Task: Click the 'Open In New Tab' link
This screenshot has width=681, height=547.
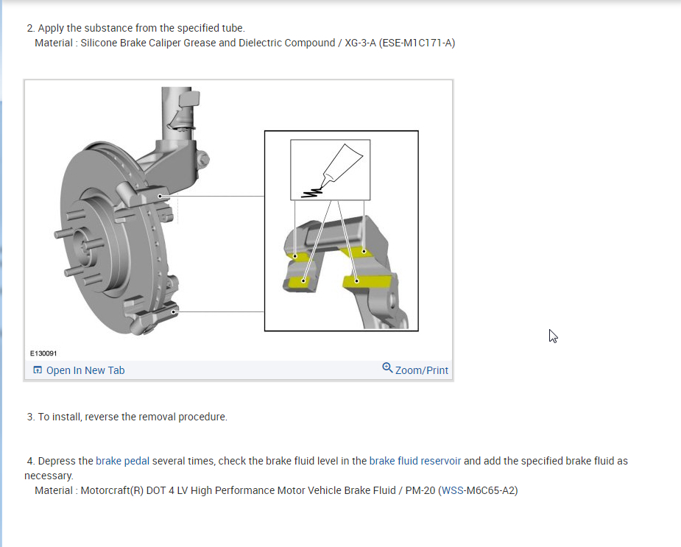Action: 85,370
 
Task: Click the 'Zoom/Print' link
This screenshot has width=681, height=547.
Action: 421,370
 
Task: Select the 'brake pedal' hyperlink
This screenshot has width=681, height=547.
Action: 122,461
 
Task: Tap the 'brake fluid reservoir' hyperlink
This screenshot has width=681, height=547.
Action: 414,461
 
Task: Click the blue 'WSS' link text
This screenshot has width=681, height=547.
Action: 452,490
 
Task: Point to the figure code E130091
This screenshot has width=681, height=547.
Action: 43,353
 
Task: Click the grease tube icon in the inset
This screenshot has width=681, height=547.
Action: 342,163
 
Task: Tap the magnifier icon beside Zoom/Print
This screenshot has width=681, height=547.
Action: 387,368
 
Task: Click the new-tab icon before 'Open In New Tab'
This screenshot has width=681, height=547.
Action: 38,370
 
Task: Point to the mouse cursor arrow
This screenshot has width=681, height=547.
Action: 553,336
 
